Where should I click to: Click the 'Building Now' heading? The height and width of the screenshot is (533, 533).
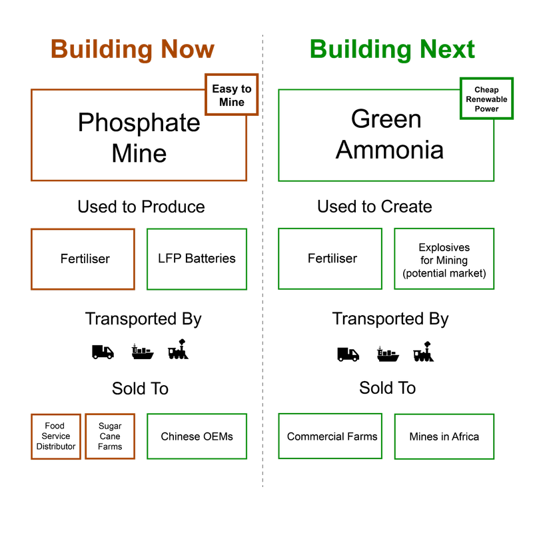tap(133, 50)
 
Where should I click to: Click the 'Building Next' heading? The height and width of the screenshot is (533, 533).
tap(392, 50)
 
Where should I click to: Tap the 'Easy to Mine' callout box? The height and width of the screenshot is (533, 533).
tap(231, 95)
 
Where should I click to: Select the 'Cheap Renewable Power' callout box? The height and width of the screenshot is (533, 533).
tap(486, 99)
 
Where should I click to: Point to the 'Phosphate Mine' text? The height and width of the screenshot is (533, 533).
tap(139, 138)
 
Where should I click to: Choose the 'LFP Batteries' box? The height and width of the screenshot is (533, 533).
tap(197, 259)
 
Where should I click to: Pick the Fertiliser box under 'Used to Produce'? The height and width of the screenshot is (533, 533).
tap(83, 259)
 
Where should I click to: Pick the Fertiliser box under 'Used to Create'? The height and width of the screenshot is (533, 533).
tap(330, 259)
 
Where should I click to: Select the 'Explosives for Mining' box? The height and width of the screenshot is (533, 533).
tap(444, 259)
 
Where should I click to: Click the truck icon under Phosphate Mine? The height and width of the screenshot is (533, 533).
tap(103, 352)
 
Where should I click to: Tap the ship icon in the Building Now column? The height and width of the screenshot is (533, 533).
tap(143, 352)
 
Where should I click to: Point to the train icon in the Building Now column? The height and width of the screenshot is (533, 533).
tap(178, 349)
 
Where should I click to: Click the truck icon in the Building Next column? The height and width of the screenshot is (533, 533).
tap(348, 354)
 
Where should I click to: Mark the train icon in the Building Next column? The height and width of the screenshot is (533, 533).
tap(424, 352)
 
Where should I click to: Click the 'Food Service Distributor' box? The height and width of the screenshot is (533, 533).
tap(56, 436)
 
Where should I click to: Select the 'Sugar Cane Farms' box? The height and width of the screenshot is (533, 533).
tap(110, 436)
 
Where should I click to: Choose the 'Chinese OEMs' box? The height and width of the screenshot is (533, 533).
tap(197, 436)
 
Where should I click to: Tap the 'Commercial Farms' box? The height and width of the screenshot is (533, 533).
tap(330, 436)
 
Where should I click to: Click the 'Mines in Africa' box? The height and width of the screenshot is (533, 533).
tap(444, 436)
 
